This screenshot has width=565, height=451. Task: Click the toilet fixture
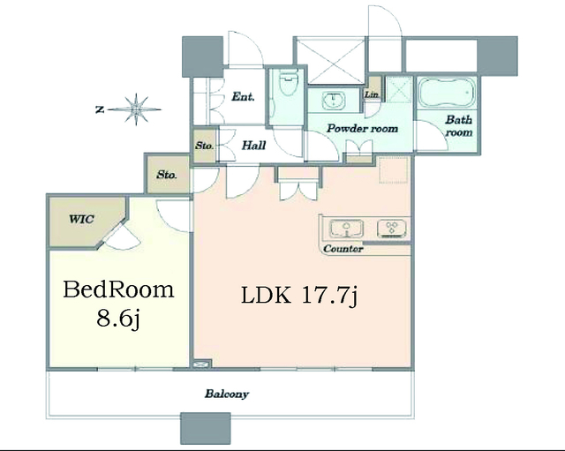click(287, 83)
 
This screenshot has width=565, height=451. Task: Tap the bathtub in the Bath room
click(446, 93)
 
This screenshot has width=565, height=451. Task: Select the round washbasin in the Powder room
click(334, 100)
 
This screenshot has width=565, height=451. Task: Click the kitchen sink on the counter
click(346, 229)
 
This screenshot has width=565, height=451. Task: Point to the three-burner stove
click(392, 229)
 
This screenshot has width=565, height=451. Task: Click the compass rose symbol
click(136, 109)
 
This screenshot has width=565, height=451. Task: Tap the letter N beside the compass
click(100, 109)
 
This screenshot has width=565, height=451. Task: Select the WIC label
click(81, 219)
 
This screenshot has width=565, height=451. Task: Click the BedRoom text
click(118, 289)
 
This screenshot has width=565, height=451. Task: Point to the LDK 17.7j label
click(299, 296)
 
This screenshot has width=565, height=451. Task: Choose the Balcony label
click(227, 394)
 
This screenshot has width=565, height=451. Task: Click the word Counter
click(343, 249)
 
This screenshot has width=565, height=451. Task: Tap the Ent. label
click(243, 96)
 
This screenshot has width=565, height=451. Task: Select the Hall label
click(253, 146)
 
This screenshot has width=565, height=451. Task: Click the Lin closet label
click(371, 94)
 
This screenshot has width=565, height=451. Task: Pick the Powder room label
click(362, 129)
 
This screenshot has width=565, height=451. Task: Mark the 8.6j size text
click(117, 319)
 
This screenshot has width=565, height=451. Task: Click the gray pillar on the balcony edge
click(206, 428)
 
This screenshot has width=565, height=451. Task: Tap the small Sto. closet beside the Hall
click(205, 145)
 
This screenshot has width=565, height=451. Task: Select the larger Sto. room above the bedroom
click(167, 175)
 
